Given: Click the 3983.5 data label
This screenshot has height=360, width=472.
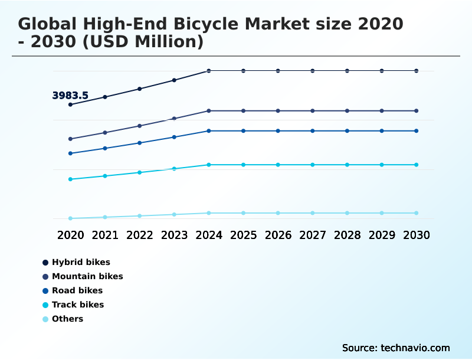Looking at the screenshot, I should click(70, 96).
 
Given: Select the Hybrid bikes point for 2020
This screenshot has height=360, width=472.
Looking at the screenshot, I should click(71, 104).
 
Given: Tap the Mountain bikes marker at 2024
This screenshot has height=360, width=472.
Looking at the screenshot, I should click(209, 111).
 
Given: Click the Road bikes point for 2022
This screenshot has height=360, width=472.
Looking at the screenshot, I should click(140, 143).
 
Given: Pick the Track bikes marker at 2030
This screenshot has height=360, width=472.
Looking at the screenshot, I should click(416, 165).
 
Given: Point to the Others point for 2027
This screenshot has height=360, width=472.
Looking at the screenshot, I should click(313, 213).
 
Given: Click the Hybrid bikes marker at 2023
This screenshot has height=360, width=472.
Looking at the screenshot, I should click(174, 80).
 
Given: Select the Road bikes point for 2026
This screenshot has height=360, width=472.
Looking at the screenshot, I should click(278, 131).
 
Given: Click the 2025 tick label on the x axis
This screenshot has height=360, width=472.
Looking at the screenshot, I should click(243, 235).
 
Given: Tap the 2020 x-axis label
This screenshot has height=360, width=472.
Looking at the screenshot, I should click(71, 235).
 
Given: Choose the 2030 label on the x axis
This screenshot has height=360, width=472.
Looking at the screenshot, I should click(416, 235).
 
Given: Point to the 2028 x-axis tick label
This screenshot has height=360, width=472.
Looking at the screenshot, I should click(347, 235).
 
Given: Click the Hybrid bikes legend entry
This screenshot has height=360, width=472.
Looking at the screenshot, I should click(81, 262).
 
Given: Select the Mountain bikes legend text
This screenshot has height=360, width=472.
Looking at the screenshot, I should click(87, 276).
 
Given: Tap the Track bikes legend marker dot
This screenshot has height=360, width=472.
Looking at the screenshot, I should click(45, 305).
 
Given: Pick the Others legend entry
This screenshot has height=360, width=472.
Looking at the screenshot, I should click(67, 319).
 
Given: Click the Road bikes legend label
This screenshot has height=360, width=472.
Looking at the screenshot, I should click(77, 290).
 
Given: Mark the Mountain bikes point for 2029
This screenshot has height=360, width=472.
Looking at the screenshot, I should click(382, 111).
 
